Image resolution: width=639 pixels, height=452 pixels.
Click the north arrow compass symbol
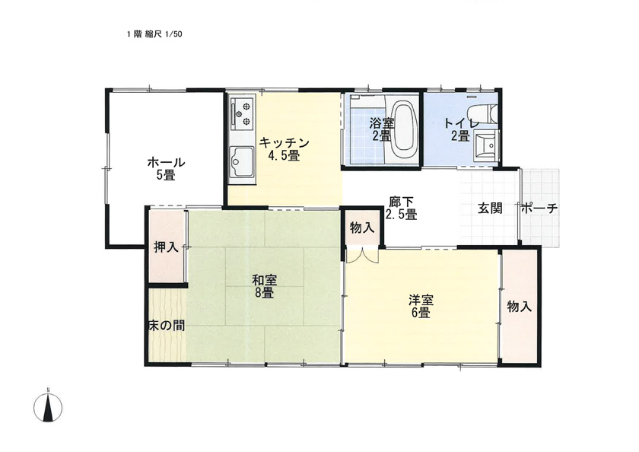point(48,407)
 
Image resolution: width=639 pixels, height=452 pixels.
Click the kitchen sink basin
point(242,162)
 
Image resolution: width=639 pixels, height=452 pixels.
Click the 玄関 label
point(490,208)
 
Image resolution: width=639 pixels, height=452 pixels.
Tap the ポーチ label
point(539,208)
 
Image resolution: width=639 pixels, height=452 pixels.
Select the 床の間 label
point(167,325)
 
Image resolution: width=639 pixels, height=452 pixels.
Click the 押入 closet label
point(167,247)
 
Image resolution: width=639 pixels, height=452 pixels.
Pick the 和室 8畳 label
point(265,286)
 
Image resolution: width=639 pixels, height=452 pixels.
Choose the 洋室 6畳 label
point(421,307)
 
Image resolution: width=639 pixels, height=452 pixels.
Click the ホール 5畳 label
point(166,169)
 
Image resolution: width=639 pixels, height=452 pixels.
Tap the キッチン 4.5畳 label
point(284,149)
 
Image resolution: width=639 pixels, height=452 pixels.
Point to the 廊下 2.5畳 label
point(402,208)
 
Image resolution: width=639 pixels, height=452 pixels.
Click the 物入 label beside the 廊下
point(362,228)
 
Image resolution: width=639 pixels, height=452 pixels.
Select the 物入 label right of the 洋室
point(520,306)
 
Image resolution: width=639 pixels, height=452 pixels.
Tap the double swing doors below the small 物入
point(362,256)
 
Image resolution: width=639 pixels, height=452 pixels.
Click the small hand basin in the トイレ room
point(486,145)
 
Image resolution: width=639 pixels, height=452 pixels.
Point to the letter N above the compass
point(48,390)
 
